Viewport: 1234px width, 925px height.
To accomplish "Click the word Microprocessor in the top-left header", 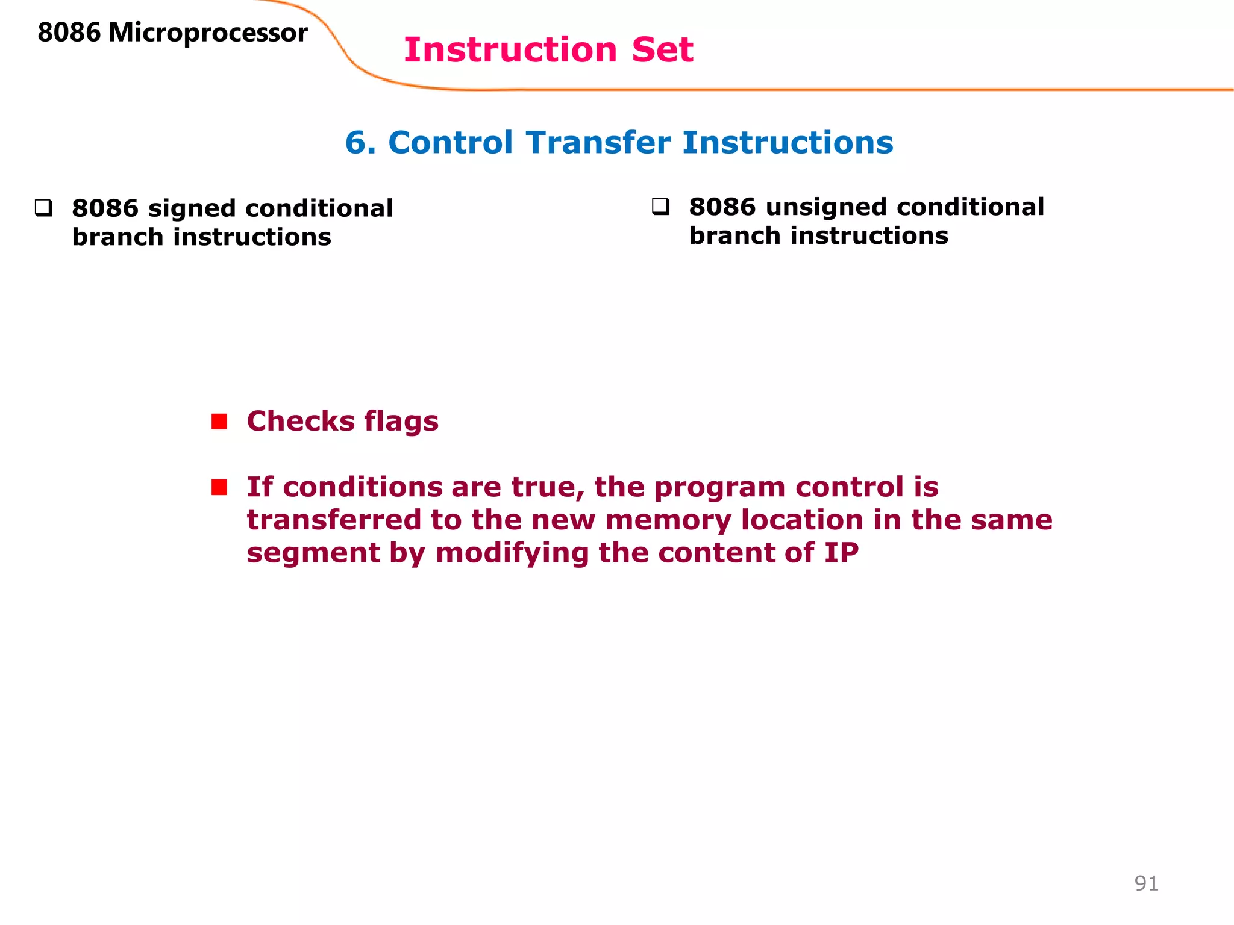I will pyautogui.click(x=208, y=33).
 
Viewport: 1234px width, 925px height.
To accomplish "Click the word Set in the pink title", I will pyautogui.click(x=662, y=50).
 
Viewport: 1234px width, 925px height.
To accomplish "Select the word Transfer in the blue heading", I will pyautogui.click(x=598, y=143).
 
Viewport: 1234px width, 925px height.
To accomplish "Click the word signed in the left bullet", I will pyautogui.click(x=192, y=209).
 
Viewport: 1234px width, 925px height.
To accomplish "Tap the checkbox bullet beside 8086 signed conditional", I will pyautogui.click(x=43, y=208).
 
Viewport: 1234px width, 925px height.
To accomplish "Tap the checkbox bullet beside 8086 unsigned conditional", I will pyautogui.click(x=660, y=207).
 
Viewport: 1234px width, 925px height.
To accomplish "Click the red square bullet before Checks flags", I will pyautogui.click(x=219, y=422).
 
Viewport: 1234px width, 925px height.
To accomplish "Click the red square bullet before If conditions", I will pyautogui.click(x=219, y=487).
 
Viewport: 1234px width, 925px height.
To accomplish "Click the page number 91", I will pyautogui.click(x=1146, y=883).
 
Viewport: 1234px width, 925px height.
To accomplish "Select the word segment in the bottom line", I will pyautogui.click(x=313, y=553).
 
